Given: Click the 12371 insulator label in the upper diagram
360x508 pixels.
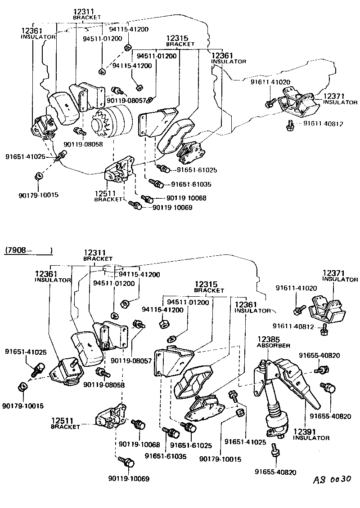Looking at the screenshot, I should (x=340, y=99).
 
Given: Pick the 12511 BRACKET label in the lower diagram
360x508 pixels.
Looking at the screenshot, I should (x=65, y=423).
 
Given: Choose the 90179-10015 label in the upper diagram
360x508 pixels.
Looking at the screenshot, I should (x=39, y=195).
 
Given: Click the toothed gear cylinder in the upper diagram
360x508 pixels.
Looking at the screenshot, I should (x=112, y=121).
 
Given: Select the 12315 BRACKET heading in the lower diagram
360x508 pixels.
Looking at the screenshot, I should (x=209, y=287).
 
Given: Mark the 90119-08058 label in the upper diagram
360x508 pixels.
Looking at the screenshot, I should (x=83, y=144).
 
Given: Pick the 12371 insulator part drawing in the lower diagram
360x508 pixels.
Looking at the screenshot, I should (x=328, y=308).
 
